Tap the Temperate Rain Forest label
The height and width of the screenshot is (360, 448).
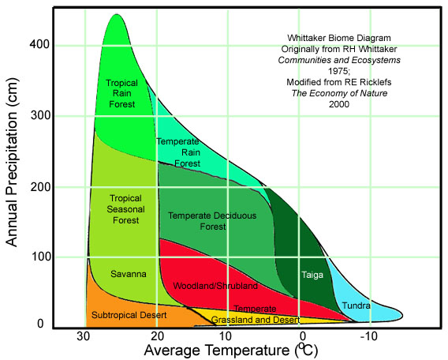click(x=176, y=152)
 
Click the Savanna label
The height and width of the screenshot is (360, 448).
click(x=128, y=274)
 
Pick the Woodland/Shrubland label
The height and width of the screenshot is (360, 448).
click(x=203, y=284)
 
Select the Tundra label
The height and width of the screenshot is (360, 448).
click(x=357, y=305)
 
